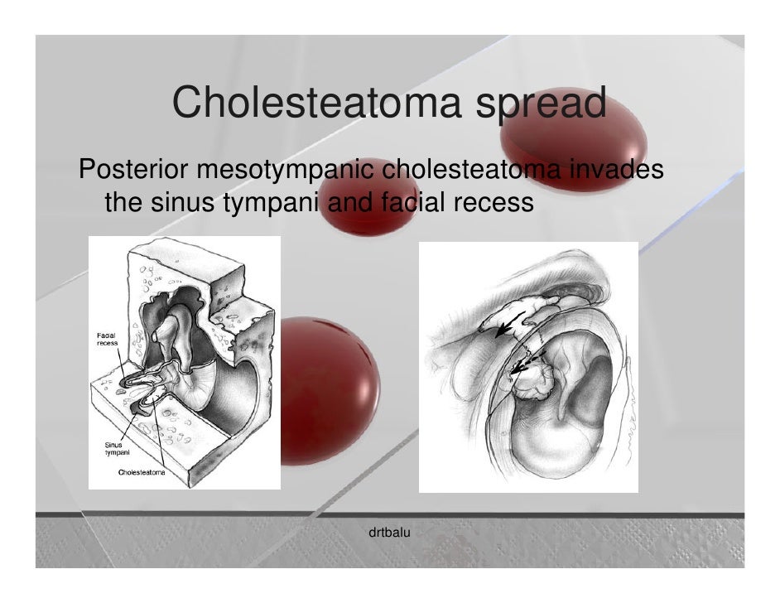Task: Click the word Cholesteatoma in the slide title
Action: click(315, 105)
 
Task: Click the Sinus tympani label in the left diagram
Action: click(113, 448)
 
